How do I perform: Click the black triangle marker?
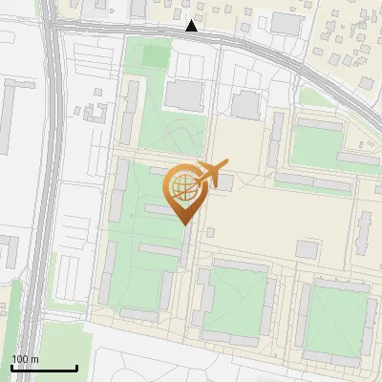click(192, 27)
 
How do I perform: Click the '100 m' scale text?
click(25, 358)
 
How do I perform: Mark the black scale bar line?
click(44, 368)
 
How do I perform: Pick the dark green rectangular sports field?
click(155, 55)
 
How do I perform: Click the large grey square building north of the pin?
click(184, 95)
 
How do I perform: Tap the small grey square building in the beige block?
click(307, 248)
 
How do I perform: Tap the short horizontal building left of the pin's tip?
click(158, 209)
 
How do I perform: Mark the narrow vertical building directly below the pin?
click(185, 244)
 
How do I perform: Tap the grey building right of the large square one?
click(245, 104)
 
